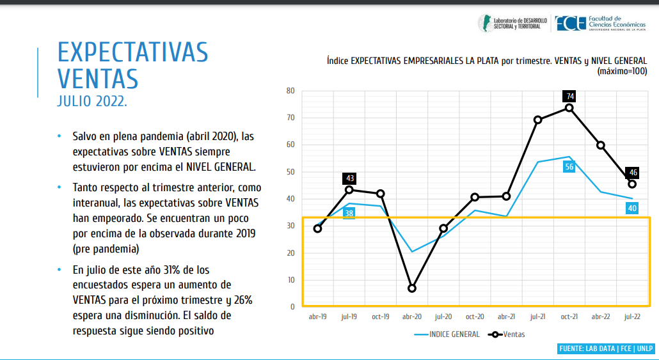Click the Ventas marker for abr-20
pos(412,288)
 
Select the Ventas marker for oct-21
pos(569,107)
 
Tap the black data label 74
pos(569,97)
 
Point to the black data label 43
pos(349,178)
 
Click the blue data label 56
pos(569,167)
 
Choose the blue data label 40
pos(631,208)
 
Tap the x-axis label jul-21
pos(537,317)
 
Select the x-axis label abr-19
pos(318,317)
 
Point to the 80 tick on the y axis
pos(290,91)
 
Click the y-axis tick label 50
pos(290,172)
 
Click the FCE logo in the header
pos(571,24)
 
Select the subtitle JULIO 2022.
pos(92,102)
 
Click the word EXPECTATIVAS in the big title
pos(132,52)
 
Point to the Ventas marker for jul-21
pos(537,120)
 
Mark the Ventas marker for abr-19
pos(318,228)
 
